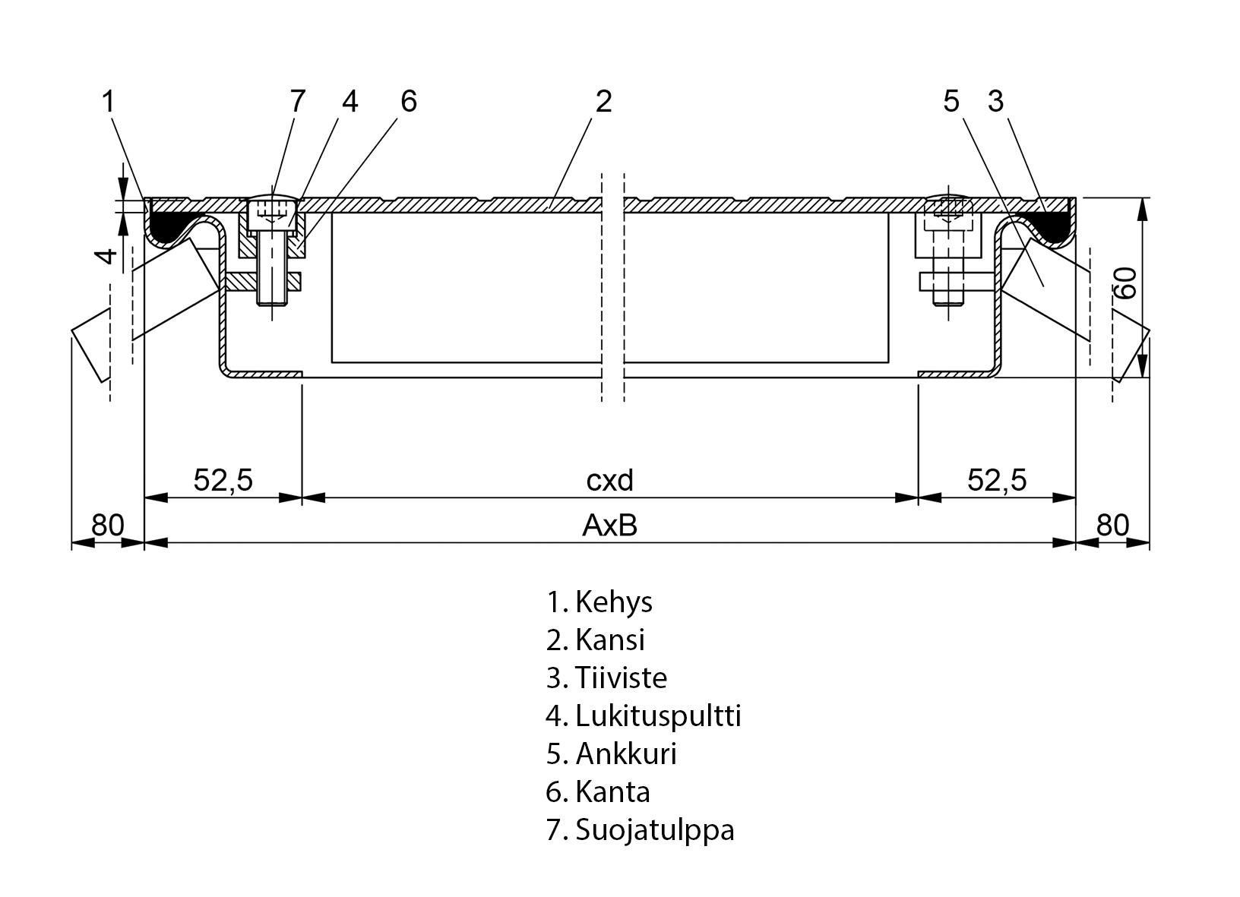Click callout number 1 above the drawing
pos(109,101)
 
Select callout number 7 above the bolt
pos(297,101)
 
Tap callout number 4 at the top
pos(350,101)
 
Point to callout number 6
pos(409,101)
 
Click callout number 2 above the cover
pos(603,101)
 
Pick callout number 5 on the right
pos(951,101)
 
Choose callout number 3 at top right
pos(995,101)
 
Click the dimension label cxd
pos(609,480)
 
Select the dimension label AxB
pos(609,525)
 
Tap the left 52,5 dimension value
pos(223,480)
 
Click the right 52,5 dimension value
pos(997,480)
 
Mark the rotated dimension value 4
pos(109,255)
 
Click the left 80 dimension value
pos(107,525)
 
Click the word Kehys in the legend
pos(614,602)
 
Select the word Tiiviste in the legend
pos(621,677)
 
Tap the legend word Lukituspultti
pos(658,715)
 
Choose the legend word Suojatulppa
pos(655,829)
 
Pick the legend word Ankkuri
pos(626,753)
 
